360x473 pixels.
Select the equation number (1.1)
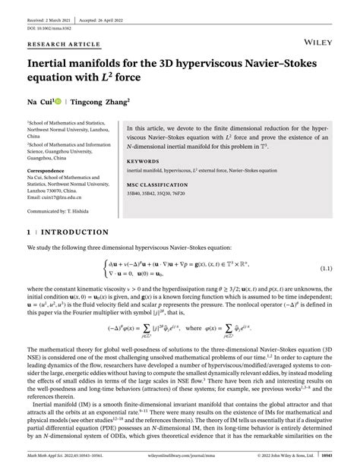[x=327, y=269]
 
